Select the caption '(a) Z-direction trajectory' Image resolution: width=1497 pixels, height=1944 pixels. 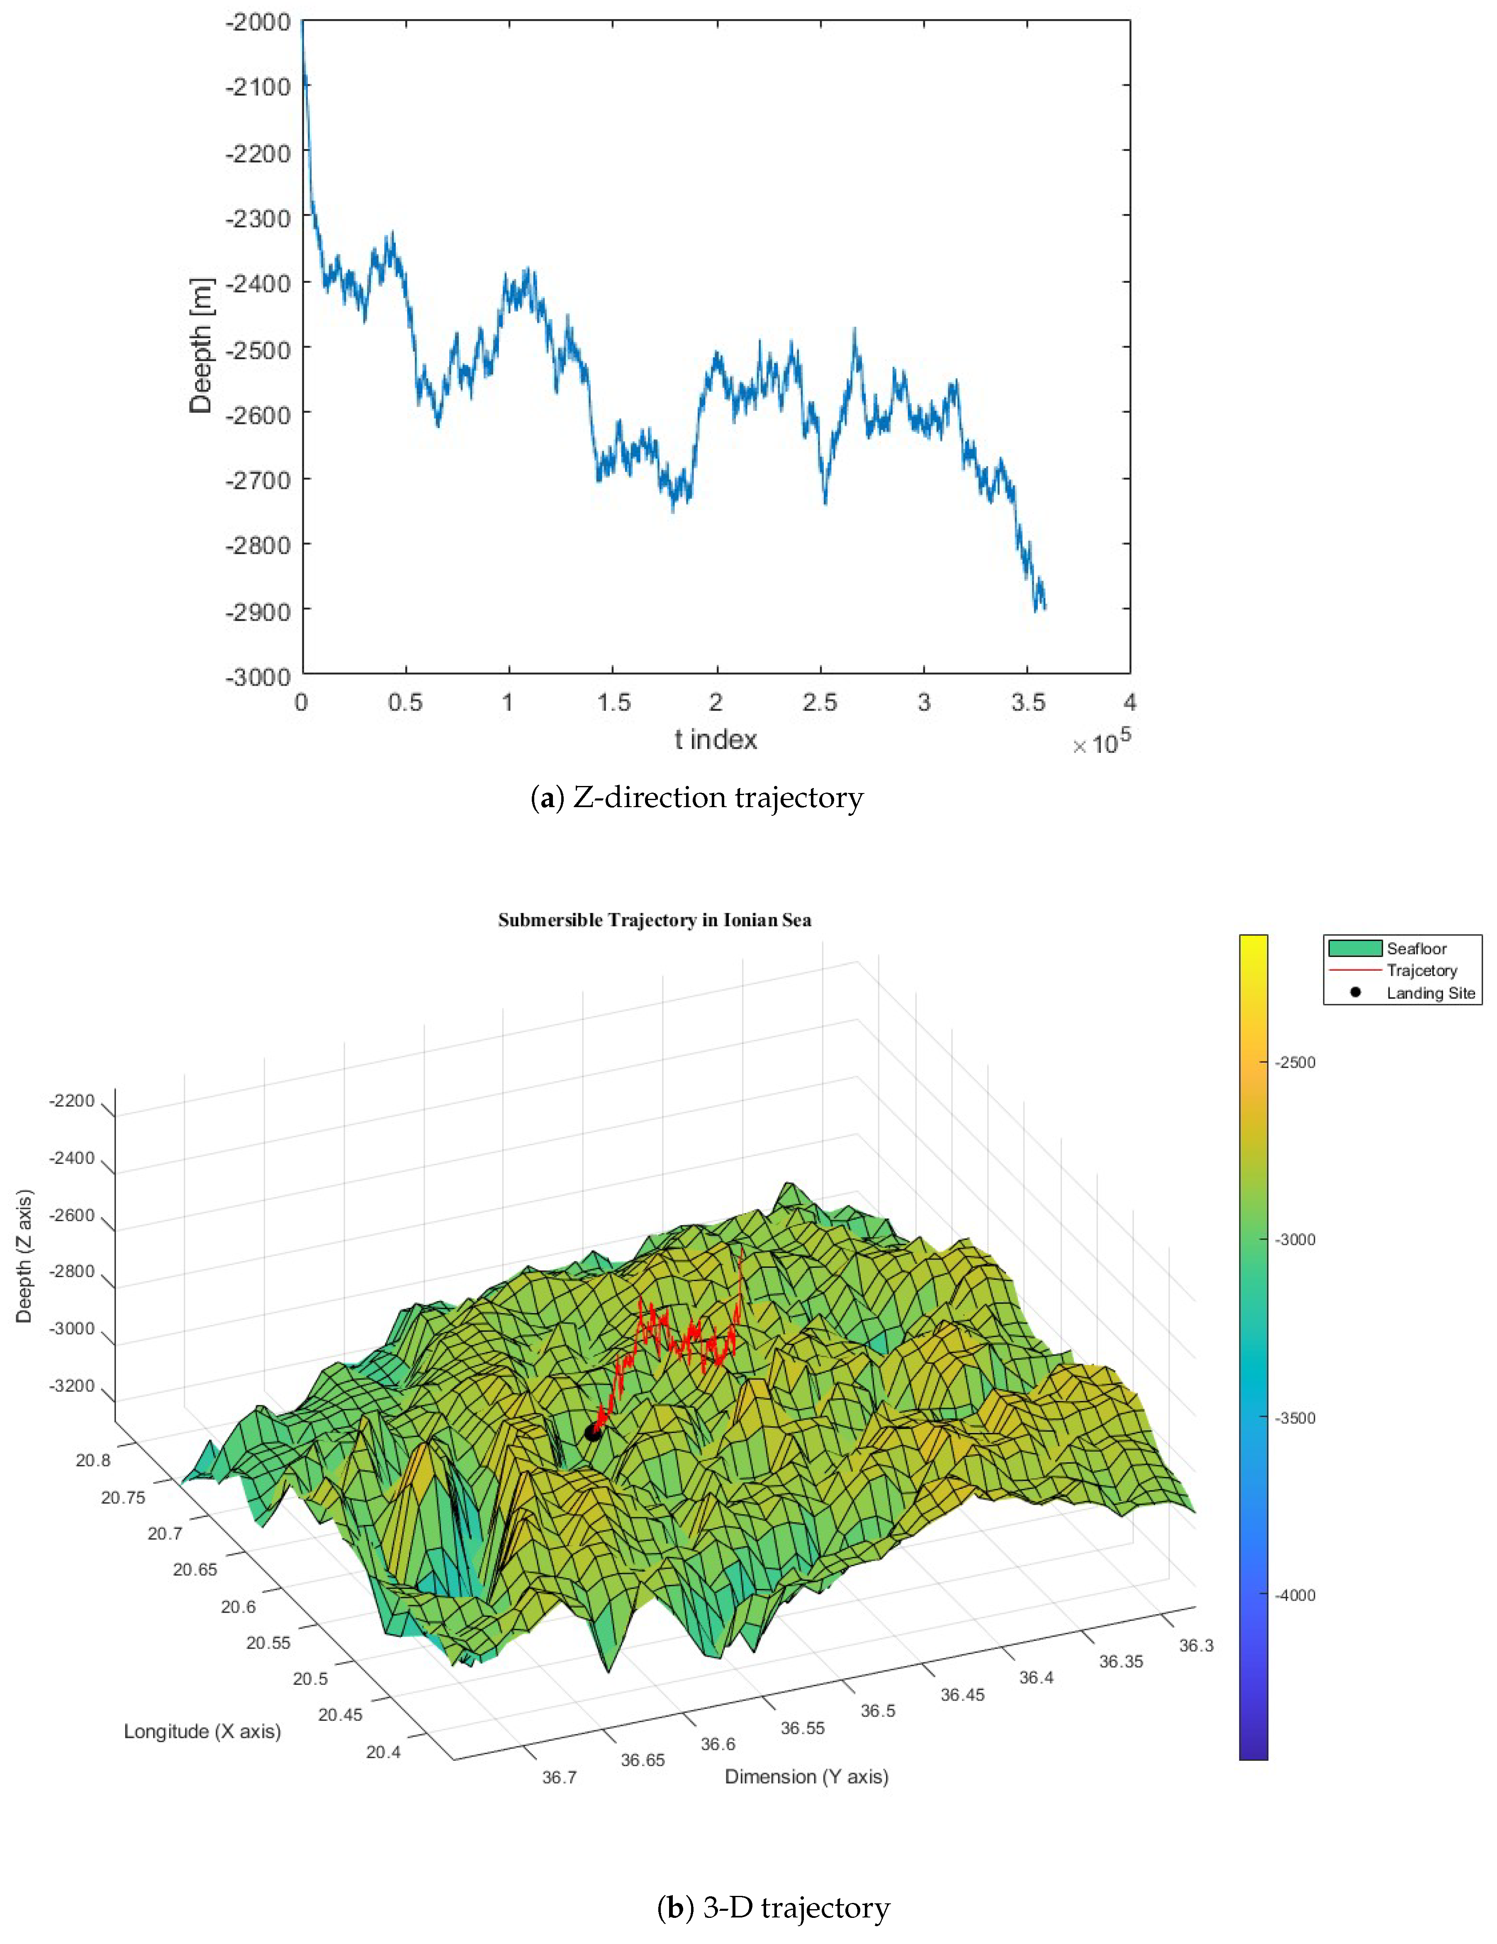click(x=697, y=798)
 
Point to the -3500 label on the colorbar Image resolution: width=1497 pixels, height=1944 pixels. click(x=1295, y=1418)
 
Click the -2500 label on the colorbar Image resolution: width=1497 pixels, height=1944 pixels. click(x=1295, y=1062)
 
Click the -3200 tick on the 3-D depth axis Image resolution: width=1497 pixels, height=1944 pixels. click(x=71, y=1386)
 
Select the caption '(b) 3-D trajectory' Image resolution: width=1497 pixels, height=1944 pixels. click(x=772, y=1908)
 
